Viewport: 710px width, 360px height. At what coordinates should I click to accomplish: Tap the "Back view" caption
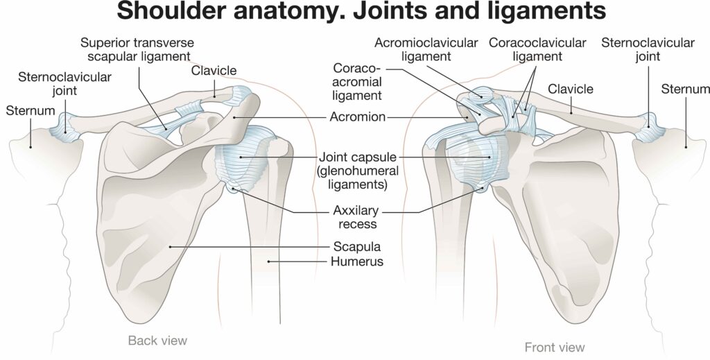click(x=157, y=340)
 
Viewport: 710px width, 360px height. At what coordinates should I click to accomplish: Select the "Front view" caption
click(x=554, y=347)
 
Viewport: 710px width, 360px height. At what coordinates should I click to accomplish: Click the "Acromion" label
click(x=357, y=117)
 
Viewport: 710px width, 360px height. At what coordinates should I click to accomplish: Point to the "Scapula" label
click(x=358, y=246)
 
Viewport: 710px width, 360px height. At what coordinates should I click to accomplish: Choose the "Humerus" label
click(x=358, y=262)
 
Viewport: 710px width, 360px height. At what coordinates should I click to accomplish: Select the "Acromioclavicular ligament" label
click(x=426, y=49)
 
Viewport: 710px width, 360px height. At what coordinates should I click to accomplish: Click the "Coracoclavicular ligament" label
click(x=537, y=49)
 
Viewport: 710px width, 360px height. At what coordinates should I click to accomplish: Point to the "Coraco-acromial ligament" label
click(x=358, y=82)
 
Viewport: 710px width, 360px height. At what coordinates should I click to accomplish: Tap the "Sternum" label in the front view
click(x=685, y=89)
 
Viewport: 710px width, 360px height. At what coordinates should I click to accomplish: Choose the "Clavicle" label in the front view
click(x=571, y=89)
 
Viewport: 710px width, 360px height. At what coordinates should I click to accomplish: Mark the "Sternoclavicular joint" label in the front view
click(x=648, y=49)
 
